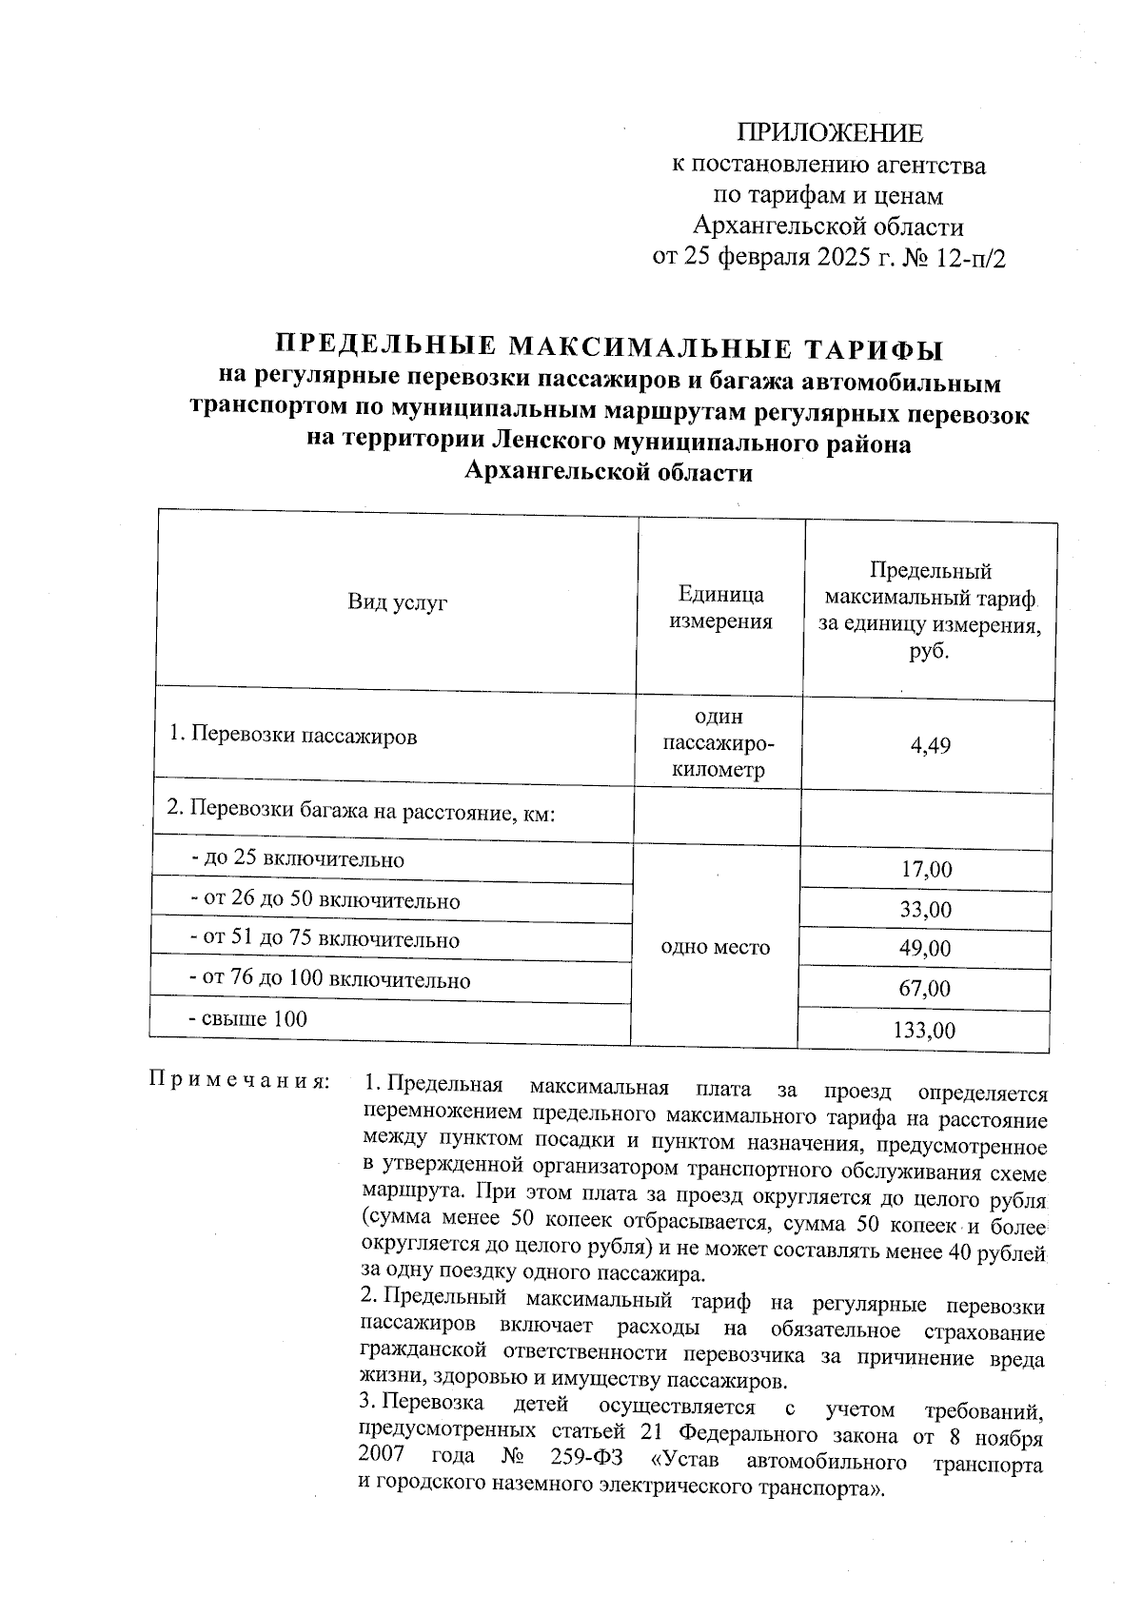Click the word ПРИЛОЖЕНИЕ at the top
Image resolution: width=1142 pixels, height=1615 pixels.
(831, 133)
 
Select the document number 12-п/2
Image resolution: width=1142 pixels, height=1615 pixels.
(971, 258)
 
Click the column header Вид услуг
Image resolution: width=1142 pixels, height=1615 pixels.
(397, 601)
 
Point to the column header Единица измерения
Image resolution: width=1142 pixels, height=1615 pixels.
(720, 608)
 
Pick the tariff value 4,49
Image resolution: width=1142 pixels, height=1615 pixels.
(930, 746)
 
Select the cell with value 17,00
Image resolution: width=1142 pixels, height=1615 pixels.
(926, 870)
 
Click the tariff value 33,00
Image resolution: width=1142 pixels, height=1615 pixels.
(926, 910)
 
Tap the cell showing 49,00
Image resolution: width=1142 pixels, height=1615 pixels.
(926, 949)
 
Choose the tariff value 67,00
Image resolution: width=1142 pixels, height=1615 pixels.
(926, 989)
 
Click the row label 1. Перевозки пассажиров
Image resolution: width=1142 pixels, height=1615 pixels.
(292, 736)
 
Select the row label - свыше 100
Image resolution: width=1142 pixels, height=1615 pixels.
(249, 1019)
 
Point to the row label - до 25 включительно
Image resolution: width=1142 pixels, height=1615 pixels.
(298, 860)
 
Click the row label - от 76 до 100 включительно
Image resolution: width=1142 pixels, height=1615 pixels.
(330, 979)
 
